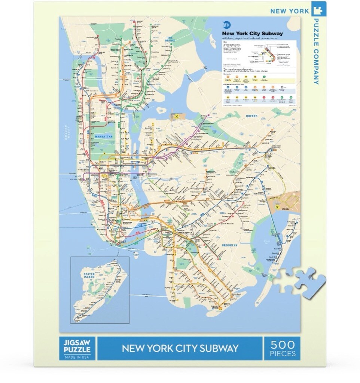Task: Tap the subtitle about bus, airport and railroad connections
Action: (x=249, y=38)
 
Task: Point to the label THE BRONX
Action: (x=171, y=39)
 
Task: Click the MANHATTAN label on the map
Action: (x=103, y=137)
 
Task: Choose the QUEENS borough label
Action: (x=252, y=116)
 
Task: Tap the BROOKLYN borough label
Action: (x=230, y=245)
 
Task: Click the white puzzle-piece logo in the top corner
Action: (x=318, y=10)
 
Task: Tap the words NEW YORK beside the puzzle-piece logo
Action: (x=290, y=10)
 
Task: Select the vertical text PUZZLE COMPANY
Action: (x=316, y=51)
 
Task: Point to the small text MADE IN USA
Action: (x=77, y=356)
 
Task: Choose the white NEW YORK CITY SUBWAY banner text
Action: (x=180, y=348)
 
